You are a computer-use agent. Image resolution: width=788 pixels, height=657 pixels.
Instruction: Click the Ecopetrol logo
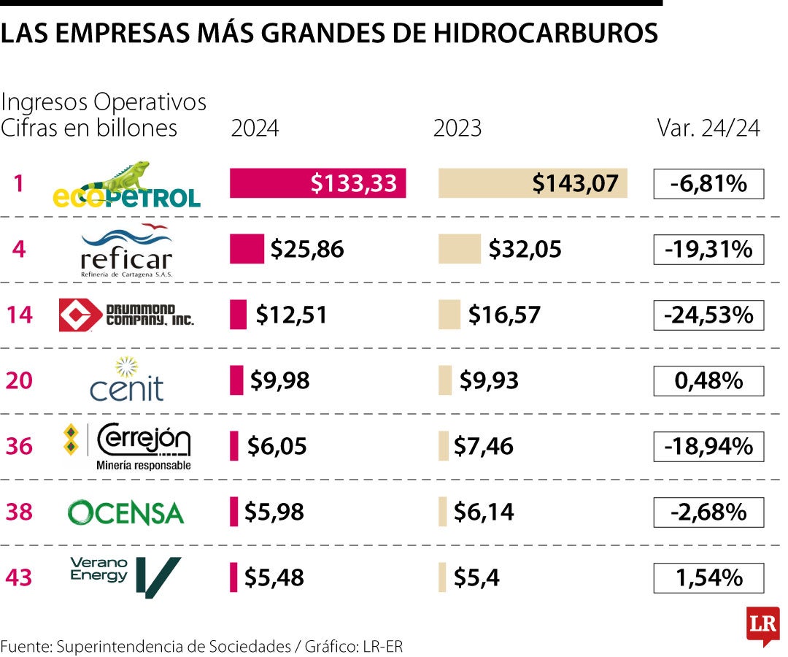pyautogui.click(x=127, y=185)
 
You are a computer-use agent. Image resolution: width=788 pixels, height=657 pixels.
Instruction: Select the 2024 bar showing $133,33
pyautogui.click(x=317, y=183)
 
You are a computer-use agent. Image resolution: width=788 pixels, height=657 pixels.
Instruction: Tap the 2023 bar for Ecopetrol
pyautogui.click(x=533, y=183)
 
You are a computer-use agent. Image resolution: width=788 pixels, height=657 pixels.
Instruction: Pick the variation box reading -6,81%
pyautogui.click(x=708, y=184)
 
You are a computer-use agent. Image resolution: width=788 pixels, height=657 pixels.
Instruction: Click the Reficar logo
pyautogui.click(x=127, y=250)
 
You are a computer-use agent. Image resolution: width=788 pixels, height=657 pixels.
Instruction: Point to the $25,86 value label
pyautogui.click(x=306, y=250)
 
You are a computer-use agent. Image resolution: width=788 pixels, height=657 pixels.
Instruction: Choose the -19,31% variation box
pyautogui.click(x=708, y=250)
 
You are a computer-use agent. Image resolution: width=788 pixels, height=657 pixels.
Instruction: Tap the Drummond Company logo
pyautogui.click(x=126, y=315)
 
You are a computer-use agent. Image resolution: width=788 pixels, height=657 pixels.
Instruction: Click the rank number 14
pyautogui.click(x=20, y=315)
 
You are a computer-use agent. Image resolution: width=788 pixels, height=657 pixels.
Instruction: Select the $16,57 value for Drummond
pyautogui.click(x=504, y=315)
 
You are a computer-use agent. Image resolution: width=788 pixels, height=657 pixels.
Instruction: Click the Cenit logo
pyautogui.click(x=127, y=380)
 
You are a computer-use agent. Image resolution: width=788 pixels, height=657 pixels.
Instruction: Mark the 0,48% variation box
pyautogui.click(x=708, y=380)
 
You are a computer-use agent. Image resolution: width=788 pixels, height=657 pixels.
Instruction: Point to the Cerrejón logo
pyautogui.click(x=128, y=445)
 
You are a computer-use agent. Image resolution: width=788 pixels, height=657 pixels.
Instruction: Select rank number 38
pyautogui.click(x=20, y=512)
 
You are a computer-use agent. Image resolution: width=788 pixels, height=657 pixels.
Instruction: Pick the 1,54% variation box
pyautogui.click(x=708, y=578)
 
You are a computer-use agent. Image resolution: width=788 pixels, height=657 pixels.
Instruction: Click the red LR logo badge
pyautogui.click(x=762, y=625)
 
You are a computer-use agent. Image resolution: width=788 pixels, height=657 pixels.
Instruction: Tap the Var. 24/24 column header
pyautogui.click(x=708, y=128)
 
